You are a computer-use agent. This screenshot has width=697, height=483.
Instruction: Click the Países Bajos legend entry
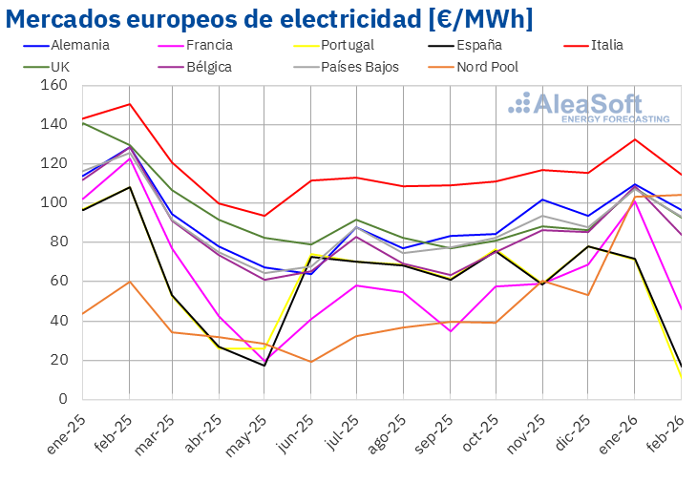pyautogui.click(x=360, y=67)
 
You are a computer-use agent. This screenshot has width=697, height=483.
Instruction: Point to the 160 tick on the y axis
pyautogui.click(x=56, y=85)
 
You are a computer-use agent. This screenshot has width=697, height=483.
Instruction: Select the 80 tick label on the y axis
pyautogui.click(x=59, y=242)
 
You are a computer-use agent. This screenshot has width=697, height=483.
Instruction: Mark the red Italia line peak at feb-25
pyautogui.click(x=129, y=104)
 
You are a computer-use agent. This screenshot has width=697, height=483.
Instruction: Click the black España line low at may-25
pyautogui.click(x=265, y=366)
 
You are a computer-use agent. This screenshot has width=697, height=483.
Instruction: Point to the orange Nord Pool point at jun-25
pyautogui.click(x=311, y=362)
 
